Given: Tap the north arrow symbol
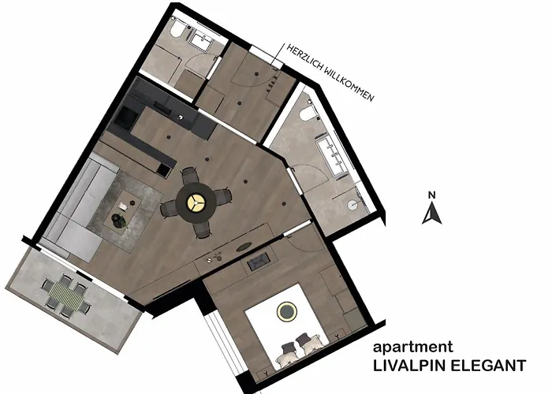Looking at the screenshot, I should click(x=431, y=214).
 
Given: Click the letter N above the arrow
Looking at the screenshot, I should click(x=431, y=194).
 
